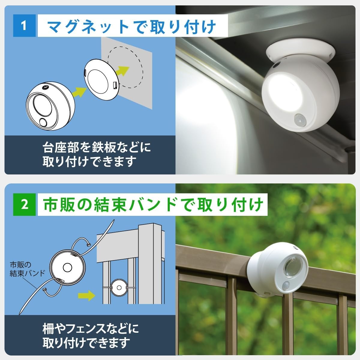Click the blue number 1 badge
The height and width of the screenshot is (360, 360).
click(24, 26)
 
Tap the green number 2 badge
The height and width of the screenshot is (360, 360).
click(24, 205)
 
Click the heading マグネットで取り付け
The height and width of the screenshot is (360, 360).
click(132, 27)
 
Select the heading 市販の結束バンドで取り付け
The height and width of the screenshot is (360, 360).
click(153, 205)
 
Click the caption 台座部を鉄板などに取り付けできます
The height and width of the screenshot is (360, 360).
click(97, 154)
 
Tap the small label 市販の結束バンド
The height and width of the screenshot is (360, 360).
click(27, 269)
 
